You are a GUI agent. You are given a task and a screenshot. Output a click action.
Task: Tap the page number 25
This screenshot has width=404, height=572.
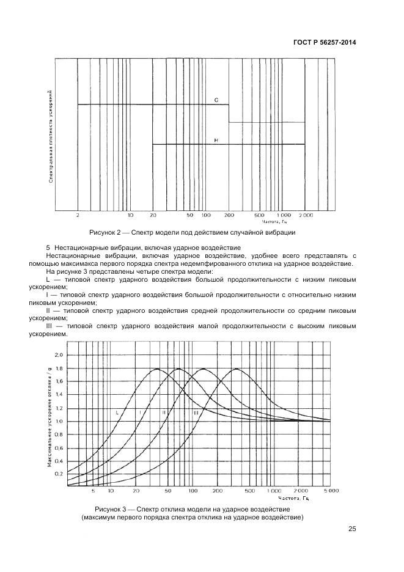tap(352, 529)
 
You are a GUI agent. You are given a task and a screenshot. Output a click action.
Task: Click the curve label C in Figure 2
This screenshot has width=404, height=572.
tap(216, 100)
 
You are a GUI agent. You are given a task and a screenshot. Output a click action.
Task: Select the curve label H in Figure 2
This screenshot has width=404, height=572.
tap(216, 141)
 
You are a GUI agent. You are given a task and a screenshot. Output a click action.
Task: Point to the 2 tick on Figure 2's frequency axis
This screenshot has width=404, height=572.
tap(78, 216)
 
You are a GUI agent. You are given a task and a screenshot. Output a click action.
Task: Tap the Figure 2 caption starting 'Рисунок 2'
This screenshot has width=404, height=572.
tap(193, 232)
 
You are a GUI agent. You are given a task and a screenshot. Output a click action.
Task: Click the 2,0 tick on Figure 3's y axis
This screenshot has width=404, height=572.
tap(59, 355)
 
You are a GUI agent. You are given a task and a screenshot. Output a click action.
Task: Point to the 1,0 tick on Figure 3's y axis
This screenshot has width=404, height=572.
tap(59, 422)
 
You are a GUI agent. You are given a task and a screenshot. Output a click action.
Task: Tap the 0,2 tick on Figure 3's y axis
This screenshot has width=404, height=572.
tap(59, 474)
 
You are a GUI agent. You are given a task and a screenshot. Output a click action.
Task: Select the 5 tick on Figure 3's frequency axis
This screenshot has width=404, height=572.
tap(93, 491)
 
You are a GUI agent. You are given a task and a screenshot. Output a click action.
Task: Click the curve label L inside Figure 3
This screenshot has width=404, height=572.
tap(117, 413)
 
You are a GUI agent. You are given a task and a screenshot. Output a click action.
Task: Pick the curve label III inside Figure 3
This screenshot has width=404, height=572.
tap(196, 414)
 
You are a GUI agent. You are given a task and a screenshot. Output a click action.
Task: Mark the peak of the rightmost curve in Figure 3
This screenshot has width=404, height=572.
tap(236, 369)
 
